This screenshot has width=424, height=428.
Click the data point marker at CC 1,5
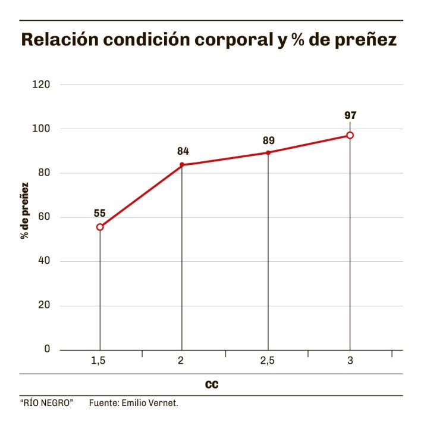(x=100, y=227)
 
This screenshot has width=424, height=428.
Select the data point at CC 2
(x=181, y=164)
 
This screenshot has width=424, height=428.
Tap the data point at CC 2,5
(x=268, y=152)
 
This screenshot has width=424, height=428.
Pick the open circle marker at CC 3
(x=350, y=135)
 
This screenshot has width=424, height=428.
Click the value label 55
(x=99, y=213)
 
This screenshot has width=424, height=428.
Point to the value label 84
(x=183, y=151)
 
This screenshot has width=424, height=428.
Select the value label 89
(x=268, y=140)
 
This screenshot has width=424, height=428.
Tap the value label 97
(x=350, y=115)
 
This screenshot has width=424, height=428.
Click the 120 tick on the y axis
(x=42, y=85)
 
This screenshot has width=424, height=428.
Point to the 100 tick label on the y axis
(x=42, y=129)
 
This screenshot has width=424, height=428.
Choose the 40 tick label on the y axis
(x=43, y=261)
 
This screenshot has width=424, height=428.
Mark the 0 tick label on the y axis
(x=47, y=349)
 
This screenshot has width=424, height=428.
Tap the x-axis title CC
(x=211, y=385)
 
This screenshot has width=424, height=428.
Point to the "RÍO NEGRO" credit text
(x=46, y=403)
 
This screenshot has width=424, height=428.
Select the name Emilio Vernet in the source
(x=149, y=403)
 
